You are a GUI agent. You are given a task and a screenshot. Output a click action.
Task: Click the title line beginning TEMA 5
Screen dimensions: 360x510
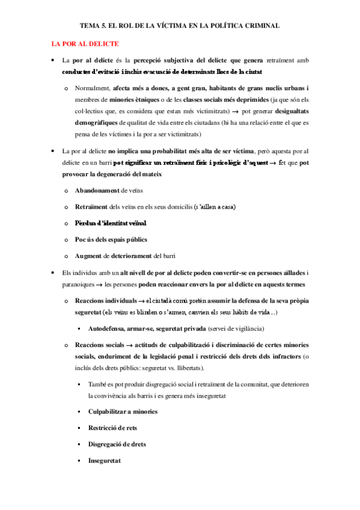(x=180, y=26)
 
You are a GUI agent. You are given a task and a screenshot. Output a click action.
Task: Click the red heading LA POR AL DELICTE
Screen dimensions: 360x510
(x=85, y=44)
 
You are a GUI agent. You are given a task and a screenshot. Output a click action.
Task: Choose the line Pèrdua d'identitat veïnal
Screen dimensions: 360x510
(x=111, y=223)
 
